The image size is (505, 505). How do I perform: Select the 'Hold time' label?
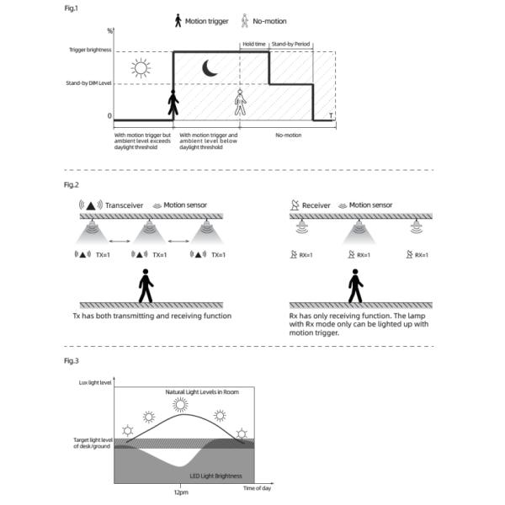[x=253, y=43]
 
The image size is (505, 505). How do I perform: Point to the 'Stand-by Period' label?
[x=291, y=43]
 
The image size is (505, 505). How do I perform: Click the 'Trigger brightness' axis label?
[x=89, y=51]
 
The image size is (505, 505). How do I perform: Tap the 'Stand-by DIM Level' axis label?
[x=88, y=83]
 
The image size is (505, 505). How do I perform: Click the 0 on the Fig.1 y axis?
[x=109, y=116]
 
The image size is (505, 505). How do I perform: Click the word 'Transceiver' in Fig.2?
[x=125, y=205]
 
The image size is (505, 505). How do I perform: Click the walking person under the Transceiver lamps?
[x=146, y=286]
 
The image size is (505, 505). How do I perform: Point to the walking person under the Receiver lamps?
[x=355, y=286]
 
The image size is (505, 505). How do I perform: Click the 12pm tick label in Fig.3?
[x=181, y=492]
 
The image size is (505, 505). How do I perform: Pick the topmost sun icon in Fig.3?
[x=180, y=404]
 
